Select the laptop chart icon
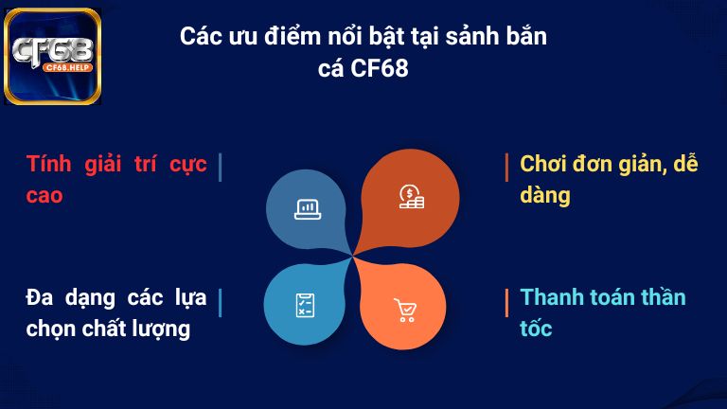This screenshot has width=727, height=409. tap(307, 208)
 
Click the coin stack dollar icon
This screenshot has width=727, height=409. tap(411, 196)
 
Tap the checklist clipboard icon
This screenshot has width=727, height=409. tap(305, 305)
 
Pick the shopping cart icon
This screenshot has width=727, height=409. tap(404, 310)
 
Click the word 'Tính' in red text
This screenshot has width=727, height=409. tap(48, 164)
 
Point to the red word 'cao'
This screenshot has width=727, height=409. tap(44, 195)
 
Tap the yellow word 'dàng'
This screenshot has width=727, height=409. tap(545, 196)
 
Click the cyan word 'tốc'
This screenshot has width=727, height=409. tap(536, 329)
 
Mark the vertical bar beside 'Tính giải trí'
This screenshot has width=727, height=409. tap(220, 166)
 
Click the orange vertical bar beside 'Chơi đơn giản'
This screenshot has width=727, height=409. tap(507, 166)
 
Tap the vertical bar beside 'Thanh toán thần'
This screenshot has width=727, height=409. tap(507, 301)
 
